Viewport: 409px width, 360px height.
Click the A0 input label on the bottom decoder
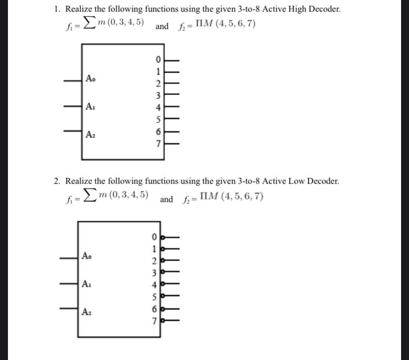(x=86, y=256)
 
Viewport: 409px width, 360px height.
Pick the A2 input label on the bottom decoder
(x=86, y=312)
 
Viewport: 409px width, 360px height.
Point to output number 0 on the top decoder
(x=159, y=61)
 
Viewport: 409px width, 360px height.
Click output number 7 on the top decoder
(x=159, y=144)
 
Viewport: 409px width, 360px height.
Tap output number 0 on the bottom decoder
(x=154, y=237)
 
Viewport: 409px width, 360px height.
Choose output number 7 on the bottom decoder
(x=154, y=321)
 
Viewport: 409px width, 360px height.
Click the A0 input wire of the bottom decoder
(x=69, y=257)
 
